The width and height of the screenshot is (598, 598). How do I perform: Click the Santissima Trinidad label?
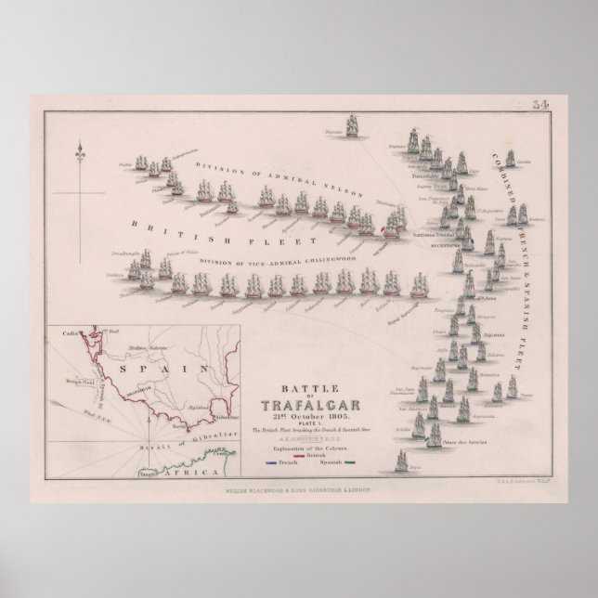pos(435,236)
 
